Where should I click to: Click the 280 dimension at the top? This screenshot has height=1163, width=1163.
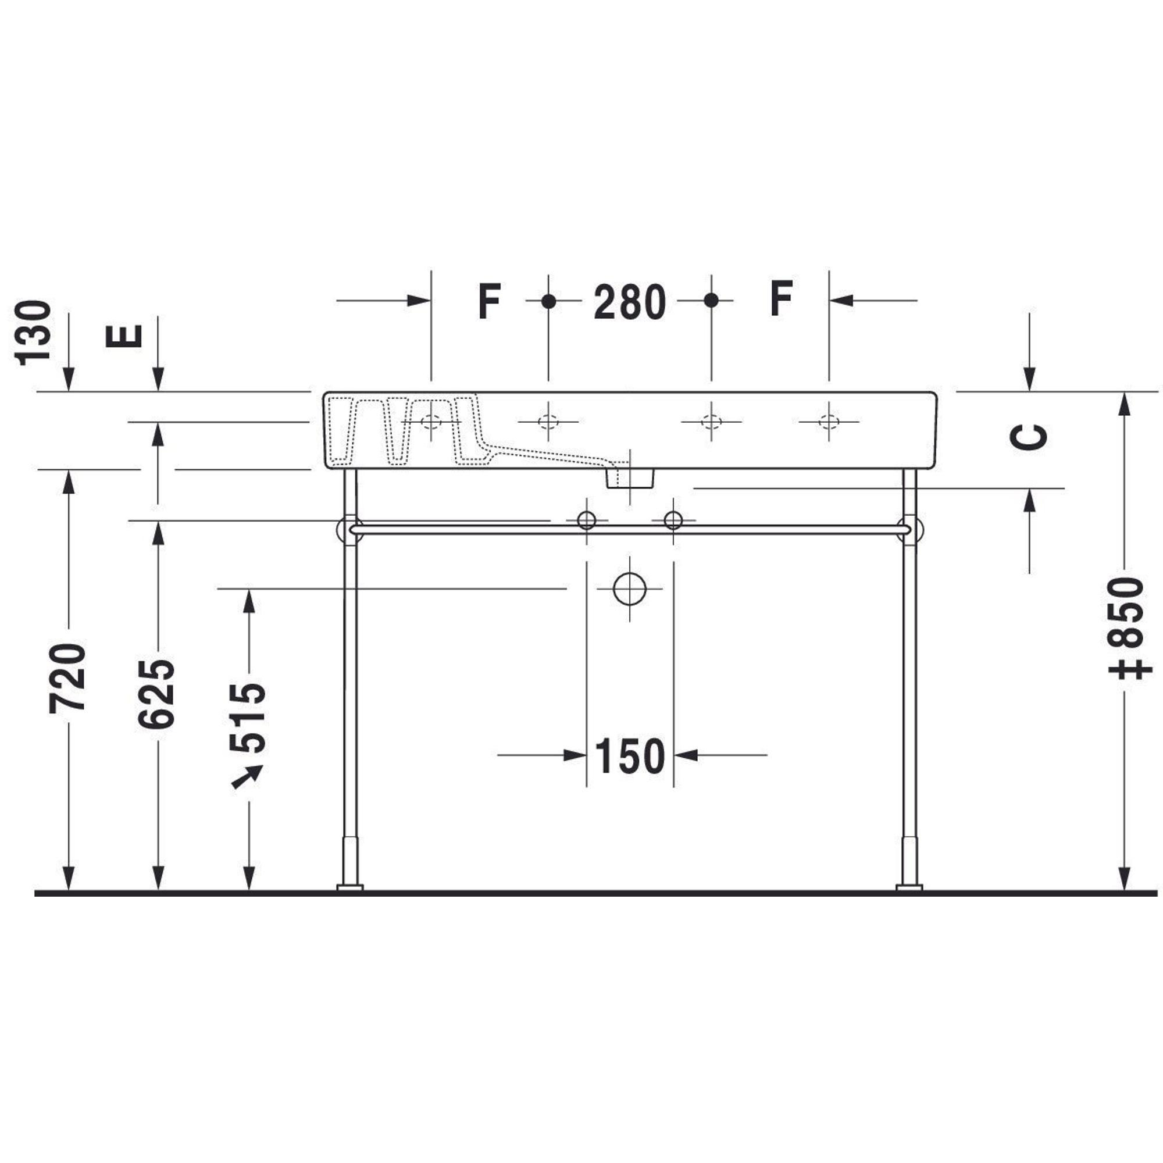(630, 302)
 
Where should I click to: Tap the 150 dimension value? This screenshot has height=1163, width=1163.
(630, 755)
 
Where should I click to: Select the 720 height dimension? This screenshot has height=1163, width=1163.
(67, 679)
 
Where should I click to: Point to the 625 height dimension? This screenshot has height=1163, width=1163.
(156, 694)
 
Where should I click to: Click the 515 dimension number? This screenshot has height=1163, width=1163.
(247, 718)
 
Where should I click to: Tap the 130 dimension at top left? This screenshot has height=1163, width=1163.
(34, 333)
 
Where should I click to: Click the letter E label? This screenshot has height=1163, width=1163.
(124, 336)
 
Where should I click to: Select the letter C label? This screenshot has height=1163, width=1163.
(1028, 437)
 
